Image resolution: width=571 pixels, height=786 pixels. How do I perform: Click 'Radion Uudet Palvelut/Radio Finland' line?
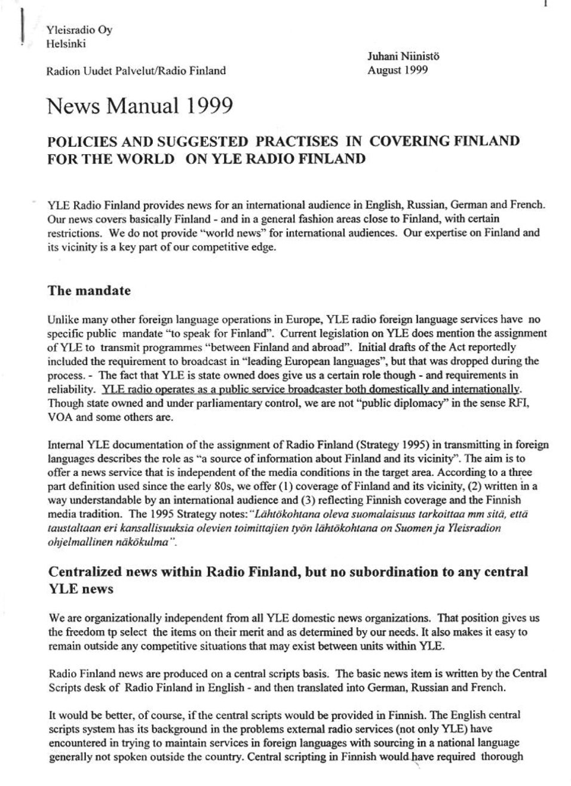click(x=136, y=70)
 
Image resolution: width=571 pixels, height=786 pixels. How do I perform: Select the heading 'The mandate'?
click(x=89, y=291)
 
